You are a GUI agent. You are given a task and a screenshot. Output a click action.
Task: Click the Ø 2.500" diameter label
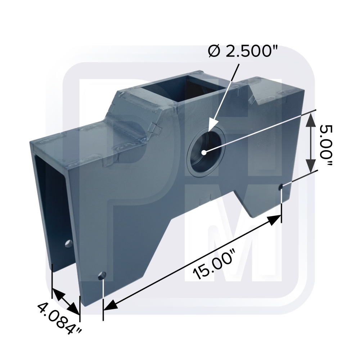pyautogui.click(x=243, y=51)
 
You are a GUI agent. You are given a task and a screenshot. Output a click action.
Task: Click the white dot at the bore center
pyautogui.click(x=204, y=152)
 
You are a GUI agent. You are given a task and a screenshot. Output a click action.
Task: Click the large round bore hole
pyautogui.click(x=206, y=152)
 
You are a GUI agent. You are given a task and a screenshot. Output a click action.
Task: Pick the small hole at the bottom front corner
pyautogui.click(x=102, y=275)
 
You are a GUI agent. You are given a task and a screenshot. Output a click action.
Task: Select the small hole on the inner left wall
pyautogui.click(x=68, y=243)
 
